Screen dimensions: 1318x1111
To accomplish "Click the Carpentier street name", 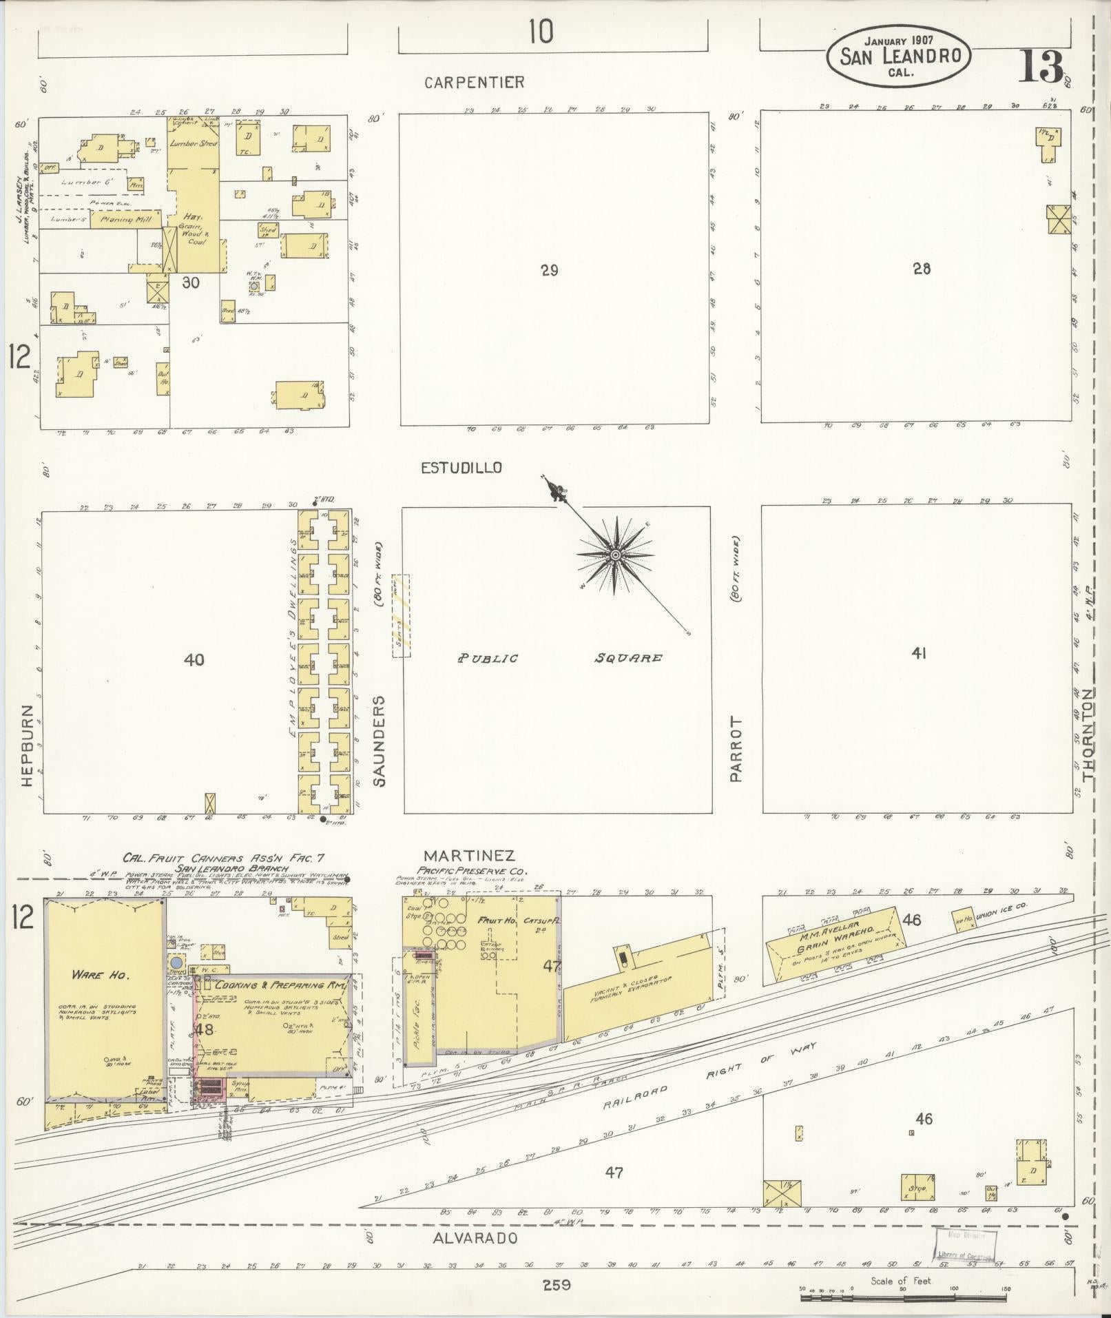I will pos(474,83).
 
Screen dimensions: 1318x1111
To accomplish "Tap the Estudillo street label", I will pos(461,468).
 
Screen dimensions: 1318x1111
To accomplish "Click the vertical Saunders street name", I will pos(380,741).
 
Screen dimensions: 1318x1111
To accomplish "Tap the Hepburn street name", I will pos(27,746).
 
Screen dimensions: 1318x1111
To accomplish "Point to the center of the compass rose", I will pos(615,554).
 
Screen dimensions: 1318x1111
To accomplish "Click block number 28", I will pos(922,269).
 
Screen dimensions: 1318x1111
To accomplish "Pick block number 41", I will pos(918,654).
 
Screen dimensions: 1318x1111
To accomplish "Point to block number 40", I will pos(194,660).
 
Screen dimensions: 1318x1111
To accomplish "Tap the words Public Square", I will pos(559,658).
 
